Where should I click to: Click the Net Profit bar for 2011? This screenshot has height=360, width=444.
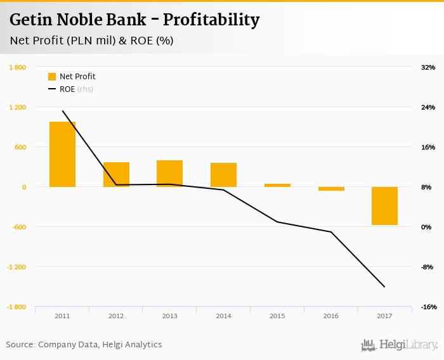62,154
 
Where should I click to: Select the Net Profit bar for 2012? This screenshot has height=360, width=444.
116,174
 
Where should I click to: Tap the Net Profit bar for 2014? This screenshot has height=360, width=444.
223,175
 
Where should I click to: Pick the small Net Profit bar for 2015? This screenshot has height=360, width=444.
277,185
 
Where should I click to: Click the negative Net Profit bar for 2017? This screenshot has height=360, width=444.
384,206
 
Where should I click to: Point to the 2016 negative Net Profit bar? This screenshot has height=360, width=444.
331,189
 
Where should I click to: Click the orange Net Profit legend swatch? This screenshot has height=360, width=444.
52,77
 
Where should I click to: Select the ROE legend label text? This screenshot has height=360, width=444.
67,89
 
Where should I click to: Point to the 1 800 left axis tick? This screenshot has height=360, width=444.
17,67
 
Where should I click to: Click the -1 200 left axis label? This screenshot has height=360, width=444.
16,267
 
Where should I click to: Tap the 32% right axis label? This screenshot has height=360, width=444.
428,67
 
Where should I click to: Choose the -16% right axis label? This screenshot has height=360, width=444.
428,307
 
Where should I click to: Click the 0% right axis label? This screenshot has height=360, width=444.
427,227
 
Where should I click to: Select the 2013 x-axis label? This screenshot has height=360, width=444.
169,316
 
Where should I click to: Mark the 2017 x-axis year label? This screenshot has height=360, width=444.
384,316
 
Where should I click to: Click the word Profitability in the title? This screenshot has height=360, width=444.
211,20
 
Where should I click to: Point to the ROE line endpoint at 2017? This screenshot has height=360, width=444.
384,286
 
